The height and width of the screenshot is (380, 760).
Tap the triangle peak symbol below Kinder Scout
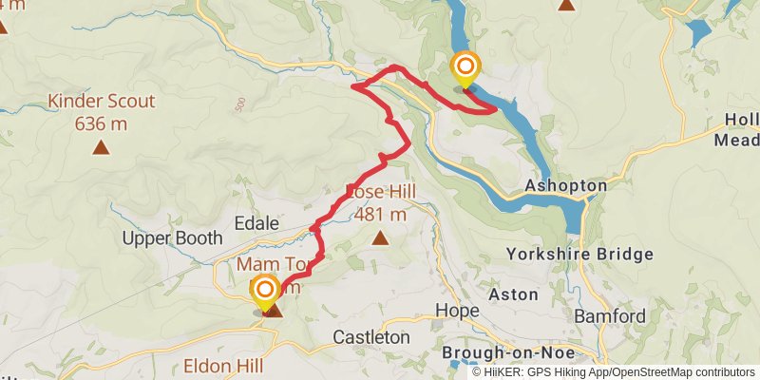coord(101,147)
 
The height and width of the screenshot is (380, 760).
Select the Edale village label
coord(256,222)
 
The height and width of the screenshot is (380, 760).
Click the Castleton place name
coord(371,337)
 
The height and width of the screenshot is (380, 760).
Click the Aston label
coord(514,294)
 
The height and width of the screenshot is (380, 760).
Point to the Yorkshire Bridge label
coord(579,254)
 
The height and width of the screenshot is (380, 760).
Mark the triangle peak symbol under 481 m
coord(380,237)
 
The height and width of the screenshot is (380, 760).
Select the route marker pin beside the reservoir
coord(465,66)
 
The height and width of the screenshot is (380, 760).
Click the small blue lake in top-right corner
coord(700,33)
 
